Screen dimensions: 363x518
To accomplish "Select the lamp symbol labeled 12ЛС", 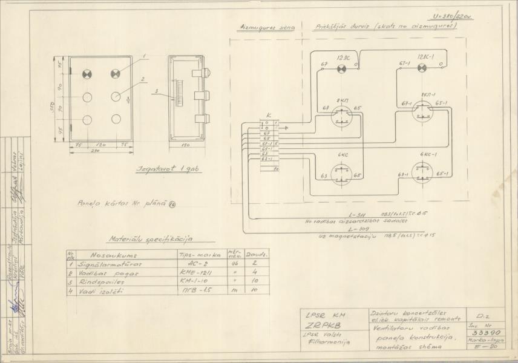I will click(x=341, y=69).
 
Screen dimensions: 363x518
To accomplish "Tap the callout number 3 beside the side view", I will click(x=156, y=92).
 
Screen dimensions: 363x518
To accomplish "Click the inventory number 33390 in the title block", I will click(x=480, y=333).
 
